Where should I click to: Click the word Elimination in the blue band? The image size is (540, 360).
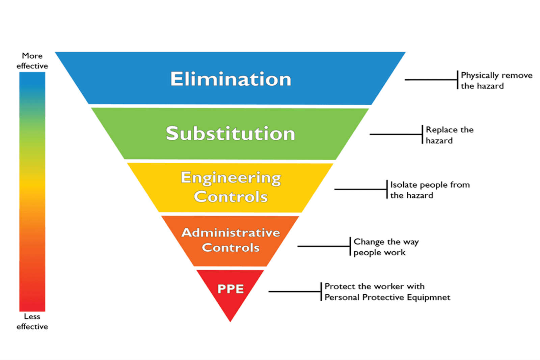click(x=231, y=79)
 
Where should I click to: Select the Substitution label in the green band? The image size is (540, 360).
click(x=231, y=133)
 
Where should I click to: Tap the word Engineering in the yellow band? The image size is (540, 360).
click(x=231, y=178)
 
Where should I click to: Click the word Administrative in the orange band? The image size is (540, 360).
click(x=231, y=233)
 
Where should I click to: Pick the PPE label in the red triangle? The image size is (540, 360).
click(x=231, y=289)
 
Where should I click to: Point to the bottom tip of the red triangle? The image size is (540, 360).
click(x=230, y=322)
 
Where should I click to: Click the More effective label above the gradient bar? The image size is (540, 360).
click(x=32, y=61)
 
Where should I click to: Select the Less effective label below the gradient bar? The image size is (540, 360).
click(x=32, y=322)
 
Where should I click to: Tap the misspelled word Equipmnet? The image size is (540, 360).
click(x=429, y=298)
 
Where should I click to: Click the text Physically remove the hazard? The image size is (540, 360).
click(x=496, y=81)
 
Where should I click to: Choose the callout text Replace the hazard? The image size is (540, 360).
click(x=450, y=135)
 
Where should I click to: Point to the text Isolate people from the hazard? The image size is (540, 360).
click(x=430, y=190)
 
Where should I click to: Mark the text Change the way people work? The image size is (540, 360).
click(x=386, y=247)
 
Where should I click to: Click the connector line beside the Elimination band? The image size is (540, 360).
click(x=431, y=80)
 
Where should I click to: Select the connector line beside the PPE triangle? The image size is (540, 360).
click(x=295, y=292)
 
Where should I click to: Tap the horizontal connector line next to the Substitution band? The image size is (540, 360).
click(x=396, y=134)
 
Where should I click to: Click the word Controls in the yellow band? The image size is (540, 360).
click(x=231, y=197)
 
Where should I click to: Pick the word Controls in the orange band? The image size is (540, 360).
click(x=231, y=247)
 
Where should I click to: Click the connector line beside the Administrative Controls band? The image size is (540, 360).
click(x=324, y=246)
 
